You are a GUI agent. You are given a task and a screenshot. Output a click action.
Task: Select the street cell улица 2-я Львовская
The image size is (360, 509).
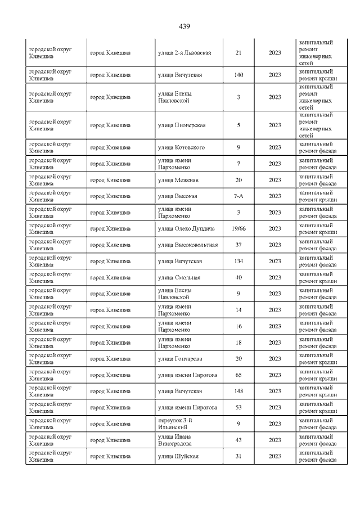[184, 53]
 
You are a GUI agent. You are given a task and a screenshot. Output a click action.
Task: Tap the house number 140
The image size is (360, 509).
[238, 75]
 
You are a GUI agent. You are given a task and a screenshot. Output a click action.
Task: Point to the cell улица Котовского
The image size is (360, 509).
[181, 147]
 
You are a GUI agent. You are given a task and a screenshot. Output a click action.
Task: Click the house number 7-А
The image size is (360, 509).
[238, 196]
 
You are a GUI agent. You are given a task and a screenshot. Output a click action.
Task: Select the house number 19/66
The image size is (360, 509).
[238, 228]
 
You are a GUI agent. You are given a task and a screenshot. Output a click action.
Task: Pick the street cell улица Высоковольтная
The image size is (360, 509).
[188, 245]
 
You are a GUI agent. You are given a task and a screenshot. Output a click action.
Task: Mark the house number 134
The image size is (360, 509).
[238, 261]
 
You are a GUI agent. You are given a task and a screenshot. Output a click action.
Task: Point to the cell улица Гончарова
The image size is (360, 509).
[180, 359]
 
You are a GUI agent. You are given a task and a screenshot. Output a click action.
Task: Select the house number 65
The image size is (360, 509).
[238, 375]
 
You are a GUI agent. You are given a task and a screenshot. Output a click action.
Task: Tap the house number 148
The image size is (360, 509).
[238, 391]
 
